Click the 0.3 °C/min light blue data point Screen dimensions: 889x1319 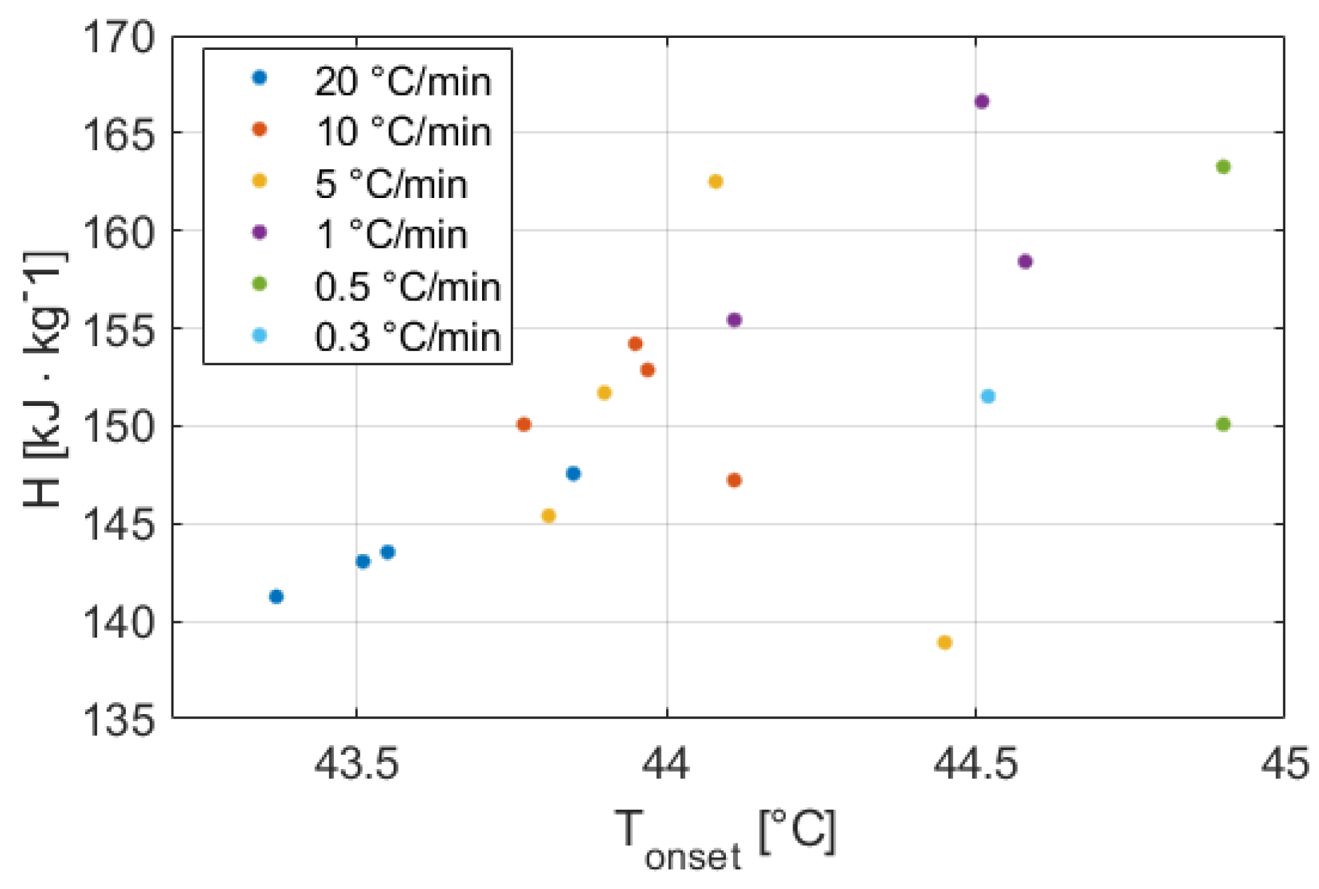987,396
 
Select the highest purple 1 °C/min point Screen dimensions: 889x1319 982,101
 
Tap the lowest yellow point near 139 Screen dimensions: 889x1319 944,643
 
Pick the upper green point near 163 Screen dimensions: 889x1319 1223,166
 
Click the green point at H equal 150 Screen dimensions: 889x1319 1223,424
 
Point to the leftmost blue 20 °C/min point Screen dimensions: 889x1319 276,596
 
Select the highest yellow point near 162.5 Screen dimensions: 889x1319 715,182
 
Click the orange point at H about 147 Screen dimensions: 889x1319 734,480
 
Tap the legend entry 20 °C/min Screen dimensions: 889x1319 403,81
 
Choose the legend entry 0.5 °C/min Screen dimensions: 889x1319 408,287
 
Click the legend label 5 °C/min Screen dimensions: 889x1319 391,184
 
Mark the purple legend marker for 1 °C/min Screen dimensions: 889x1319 259,232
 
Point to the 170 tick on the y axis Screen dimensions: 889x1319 118,37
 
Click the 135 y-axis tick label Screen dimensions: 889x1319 118,719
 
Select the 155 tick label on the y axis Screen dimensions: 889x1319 118,329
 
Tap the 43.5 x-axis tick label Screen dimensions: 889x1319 356,764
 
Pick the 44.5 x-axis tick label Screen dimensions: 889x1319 975,764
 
